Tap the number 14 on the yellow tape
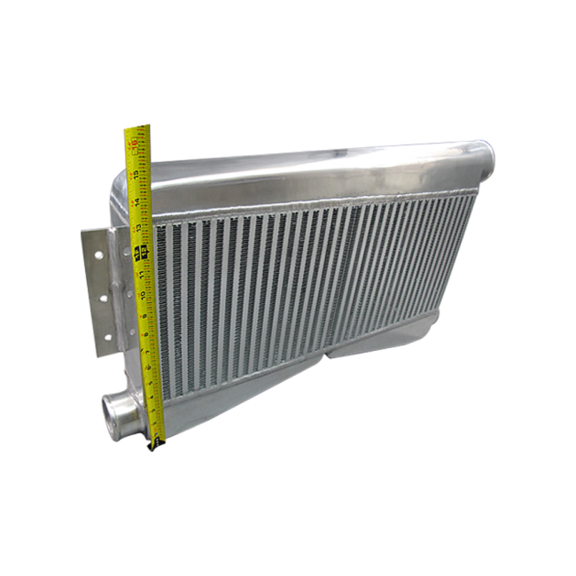139,203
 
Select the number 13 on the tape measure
140,230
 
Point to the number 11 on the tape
142,276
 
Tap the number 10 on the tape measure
143,294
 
